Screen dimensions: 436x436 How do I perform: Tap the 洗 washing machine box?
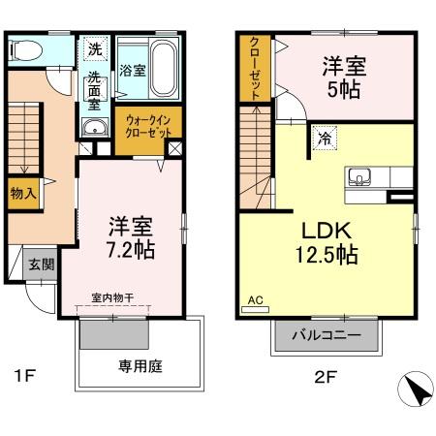pos(95,49)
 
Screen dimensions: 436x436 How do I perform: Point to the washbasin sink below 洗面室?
pos(94,133)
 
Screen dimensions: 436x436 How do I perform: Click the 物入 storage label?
pos(22,194)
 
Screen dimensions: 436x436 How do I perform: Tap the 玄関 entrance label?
pos(40,265)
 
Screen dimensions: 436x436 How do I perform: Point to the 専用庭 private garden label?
pos(140,366)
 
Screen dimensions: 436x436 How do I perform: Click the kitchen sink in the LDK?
pos(359,178)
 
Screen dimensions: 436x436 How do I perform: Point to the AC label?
pos(256,300)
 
